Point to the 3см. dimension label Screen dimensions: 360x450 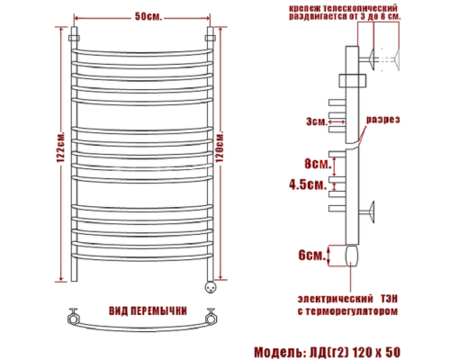tap(314, 121)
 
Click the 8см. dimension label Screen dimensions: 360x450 tap(315, 165)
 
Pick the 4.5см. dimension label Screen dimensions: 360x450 tap(311, 185)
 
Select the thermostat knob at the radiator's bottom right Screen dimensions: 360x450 tap(212, 287)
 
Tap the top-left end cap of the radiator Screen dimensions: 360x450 tap(78, 39)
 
